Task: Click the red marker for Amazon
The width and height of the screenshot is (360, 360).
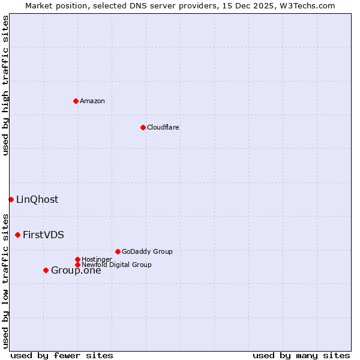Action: click(76, 101)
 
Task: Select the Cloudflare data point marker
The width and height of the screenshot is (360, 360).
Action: click(143, 127)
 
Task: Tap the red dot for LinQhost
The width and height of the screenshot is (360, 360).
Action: click(11, 199)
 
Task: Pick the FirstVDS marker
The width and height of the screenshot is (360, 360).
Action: click(17, 235)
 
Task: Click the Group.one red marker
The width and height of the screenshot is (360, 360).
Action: click(46, 270)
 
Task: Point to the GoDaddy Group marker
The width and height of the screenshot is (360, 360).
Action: click(118, 251)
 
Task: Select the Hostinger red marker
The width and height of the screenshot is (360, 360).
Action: click(77, 259)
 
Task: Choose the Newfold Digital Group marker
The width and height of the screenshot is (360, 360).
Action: click(77, 265)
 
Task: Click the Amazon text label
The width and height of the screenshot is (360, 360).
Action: click(92, 101)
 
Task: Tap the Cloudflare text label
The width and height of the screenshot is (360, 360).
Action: click(163, 127)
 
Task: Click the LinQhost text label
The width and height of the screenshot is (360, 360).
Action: click(37, 199)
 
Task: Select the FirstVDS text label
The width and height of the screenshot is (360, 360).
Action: click(43, 235)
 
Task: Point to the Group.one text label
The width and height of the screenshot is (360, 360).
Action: click(76, 270)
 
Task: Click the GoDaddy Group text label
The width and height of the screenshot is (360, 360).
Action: click(147, 251)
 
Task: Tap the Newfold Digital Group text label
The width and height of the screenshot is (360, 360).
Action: click(116, 265)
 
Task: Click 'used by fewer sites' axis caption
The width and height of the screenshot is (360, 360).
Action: click(62, 355)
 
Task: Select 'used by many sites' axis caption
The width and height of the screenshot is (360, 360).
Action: click(301, 355)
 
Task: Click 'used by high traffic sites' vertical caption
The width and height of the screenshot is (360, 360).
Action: click(5, 86)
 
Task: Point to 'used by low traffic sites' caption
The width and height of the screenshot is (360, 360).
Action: click(5, 280)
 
